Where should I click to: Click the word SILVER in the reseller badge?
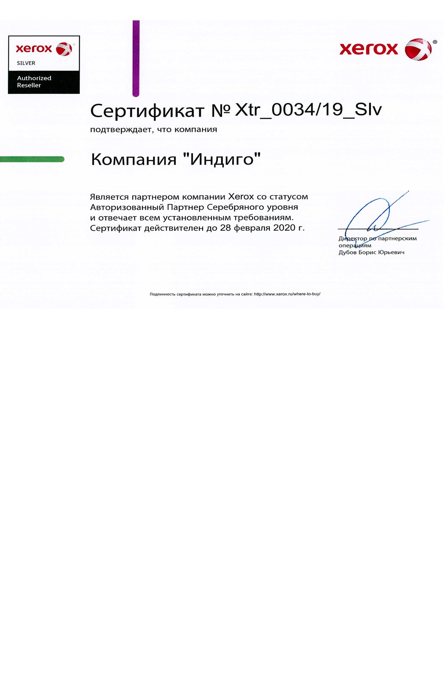point(26,63)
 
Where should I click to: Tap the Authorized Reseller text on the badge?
point(34,81)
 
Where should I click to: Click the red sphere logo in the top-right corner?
point(418,49)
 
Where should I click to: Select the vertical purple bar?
point(136,58)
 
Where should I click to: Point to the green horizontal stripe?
point(32,159)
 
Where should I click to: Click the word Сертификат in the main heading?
point(147,111)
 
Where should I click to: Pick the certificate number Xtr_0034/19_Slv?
point(308,109)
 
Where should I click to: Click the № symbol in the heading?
point(220,111)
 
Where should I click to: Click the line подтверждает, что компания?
point(153,129)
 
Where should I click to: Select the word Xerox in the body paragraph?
point(241,196)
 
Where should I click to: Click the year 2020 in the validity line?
point(284,228)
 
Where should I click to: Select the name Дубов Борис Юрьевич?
point(371,252)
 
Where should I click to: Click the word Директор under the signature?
point(353,238)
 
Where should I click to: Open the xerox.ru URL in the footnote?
point(287,294)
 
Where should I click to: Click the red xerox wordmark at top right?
point(369,49)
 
